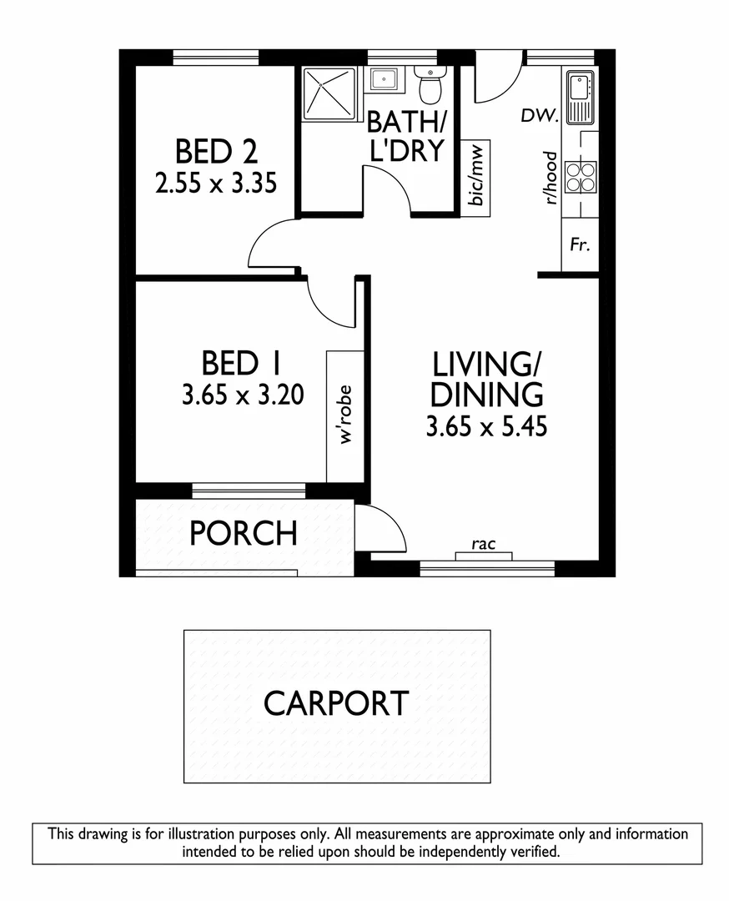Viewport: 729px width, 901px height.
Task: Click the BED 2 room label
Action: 215,153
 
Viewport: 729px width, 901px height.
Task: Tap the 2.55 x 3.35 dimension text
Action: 215,183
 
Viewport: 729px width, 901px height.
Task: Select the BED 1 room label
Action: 242,364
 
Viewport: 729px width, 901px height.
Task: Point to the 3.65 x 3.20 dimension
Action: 242,395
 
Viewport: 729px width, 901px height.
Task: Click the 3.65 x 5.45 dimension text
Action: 486,427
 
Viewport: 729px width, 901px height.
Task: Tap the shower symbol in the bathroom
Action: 328,93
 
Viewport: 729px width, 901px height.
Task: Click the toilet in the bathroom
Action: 430,84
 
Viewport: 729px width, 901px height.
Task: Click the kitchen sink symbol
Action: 579,95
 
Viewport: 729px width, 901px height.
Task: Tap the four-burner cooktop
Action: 580,176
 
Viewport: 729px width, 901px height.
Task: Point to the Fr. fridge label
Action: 580,246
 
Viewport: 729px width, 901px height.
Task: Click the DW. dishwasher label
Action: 539,116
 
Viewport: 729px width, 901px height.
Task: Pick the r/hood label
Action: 550,178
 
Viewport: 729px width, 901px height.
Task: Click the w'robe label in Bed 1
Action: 345,415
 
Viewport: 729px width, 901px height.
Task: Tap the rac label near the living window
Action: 484,545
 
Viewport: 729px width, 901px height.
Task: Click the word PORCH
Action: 243,533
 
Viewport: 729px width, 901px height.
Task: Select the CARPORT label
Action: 336,703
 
